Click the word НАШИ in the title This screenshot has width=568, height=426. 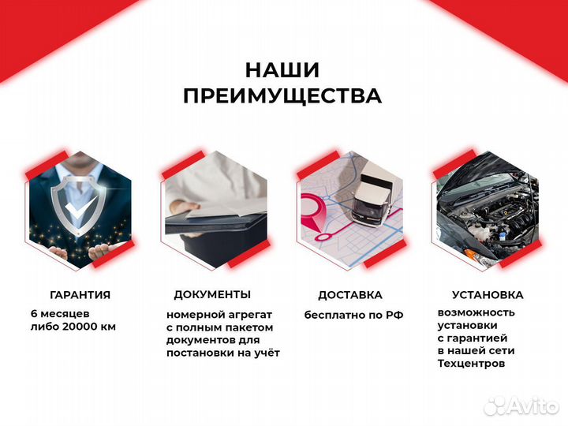(282, 69)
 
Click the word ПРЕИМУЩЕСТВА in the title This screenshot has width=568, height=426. (282, 96)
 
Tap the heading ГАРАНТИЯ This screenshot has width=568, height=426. (80, 295)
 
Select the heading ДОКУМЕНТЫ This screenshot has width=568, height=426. (212, 294)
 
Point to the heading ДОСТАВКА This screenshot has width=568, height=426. (350, 295)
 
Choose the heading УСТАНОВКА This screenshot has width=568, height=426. (487, 295)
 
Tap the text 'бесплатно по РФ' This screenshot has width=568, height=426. (353, 315)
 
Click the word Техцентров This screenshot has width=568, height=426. (471, 364)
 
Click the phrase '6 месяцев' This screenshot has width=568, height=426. (56, 314)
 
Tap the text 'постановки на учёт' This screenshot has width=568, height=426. (222, 353)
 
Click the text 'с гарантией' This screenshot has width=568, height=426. (469, 338)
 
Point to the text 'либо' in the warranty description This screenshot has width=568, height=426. (45, 327)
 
